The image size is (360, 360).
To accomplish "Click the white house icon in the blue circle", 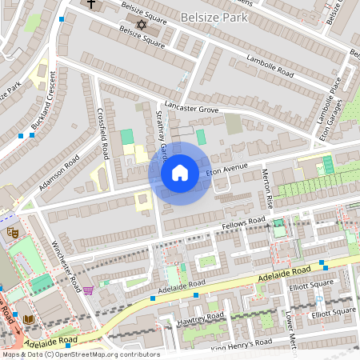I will pos(180,173).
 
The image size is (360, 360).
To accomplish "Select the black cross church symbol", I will pos(90,5).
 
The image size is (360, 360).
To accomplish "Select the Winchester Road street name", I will pos(65,264).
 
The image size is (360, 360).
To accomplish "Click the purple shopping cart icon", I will pos(88,290).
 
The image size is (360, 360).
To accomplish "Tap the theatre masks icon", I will pos(11,232).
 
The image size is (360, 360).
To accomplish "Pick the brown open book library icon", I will pos(29,319).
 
